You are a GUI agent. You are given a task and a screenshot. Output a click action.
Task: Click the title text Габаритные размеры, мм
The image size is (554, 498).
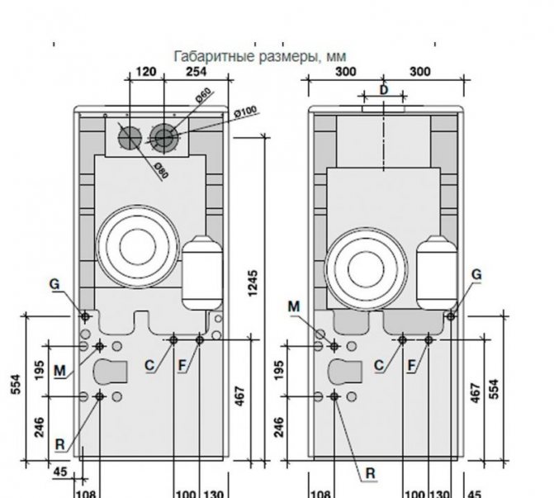pos(259,56)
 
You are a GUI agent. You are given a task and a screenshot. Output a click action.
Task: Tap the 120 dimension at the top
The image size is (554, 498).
pos(145,71)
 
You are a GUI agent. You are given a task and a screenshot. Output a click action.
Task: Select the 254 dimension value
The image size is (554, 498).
pos(197,71)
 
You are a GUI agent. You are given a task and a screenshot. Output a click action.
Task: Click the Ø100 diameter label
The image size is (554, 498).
pos(245,110)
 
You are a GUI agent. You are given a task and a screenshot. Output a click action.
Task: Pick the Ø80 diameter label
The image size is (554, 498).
pos(160,168)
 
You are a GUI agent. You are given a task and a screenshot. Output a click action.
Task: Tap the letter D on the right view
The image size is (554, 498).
pos(383,88)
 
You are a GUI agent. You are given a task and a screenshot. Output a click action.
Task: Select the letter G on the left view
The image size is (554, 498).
pos(54,284)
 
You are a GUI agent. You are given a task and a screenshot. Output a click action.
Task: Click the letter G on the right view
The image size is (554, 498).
pos(476,275)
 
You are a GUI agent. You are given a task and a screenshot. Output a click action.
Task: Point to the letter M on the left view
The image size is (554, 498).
pos(59,371)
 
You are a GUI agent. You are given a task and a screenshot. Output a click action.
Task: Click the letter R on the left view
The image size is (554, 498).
pos(60,443)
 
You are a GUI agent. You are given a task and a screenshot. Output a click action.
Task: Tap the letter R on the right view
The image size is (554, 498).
pos(371,473)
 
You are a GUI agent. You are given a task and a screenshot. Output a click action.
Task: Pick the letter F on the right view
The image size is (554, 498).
pos(411,365)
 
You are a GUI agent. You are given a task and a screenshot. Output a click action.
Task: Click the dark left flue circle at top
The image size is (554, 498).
pos(129,137)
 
